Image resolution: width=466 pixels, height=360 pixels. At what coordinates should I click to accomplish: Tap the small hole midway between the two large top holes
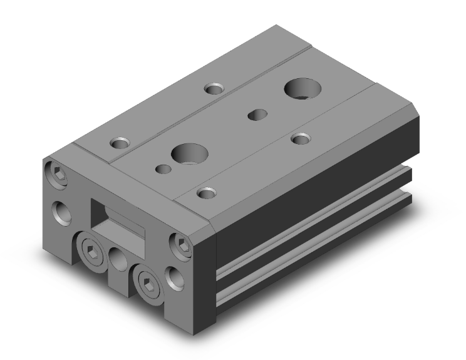click(x=256, y=114)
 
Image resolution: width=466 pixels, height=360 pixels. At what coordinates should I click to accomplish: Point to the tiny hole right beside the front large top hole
click(x=164, y=168)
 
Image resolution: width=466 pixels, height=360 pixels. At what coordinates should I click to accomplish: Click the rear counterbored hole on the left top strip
click(x=213, y=88)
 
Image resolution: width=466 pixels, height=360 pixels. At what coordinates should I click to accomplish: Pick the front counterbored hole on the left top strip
click(x=119, y=143)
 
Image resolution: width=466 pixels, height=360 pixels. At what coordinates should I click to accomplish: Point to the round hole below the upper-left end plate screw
click(x=63, y=213)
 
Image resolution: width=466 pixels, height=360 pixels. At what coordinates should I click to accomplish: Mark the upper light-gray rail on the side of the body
click(x=313, y=223)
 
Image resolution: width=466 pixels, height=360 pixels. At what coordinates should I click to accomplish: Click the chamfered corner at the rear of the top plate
click(x=407, y=110)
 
